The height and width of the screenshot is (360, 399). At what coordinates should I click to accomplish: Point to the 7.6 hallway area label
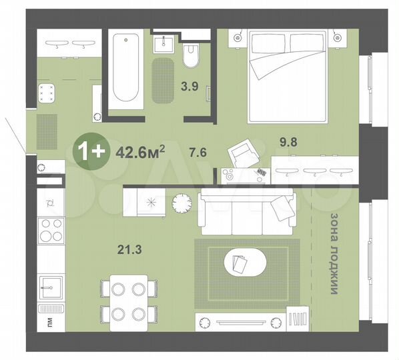[x=179, y=151]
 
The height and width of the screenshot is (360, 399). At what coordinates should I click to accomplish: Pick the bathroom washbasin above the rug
[x=164, y=44]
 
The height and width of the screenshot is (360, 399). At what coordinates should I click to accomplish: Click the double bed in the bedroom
[x=288, y=75]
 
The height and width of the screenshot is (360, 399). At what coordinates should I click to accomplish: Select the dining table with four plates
[x=129, y=299]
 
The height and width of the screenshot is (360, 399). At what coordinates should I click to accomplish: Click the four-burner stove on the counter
[x=51, y=231]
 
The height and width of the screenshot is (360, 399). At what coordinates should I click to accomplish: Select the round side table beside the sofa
[x=181, y=201]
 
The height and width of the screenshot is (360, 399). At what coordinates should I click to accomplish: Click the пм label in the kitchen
[x=48, y=323]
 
